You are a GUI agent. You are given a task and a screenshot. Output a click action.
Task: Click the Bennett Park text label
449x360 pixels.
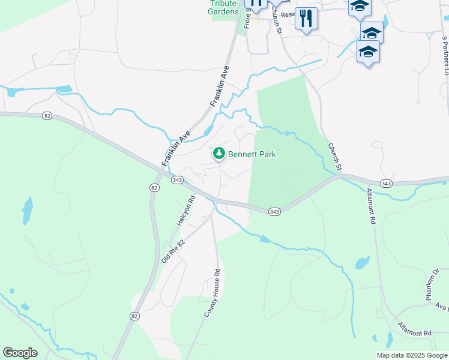coord(252,154)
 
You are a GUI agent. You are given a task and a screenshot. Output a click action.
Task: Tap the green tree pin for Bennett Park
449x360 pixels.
coord(219,154)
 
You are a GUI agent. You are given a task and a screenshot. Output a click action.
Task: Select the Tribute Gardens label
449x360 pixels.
coord(223,7)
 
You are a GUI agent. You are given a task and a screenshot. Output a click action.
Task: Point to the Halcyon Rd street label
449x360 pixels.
coord(186,211)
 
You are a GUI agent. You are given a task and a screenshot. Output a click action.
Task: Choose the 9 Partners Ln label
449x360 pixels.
coord(445,55)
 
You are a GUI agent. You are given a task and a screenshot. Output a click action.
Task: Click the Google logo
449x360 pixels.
coord(20,353)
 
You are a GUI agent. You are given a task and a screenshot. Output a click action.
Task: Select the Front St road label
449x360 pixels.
coord(247,19)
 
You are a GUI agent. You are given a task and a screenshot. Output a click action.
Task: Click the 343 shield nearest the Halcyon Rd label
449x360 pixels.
coord(176,180)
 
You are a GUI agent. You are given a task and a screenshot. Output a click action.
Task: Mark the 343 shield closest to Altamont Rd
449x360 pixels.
coord(386,183)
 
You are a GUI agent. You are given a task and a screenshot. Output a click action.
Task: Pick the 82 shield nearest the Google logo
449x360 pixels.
coord(134,316)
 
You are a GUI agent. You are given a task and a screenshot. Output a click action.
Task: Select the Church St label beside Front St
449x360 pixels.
coord(276,20)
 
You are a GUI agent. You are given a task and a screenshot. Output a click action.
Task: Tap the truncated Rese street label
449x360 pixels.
coord(288,14)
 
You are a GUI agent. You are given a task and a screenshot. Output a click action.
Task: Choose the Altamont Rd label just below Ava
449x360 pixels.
coord(414,329)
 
